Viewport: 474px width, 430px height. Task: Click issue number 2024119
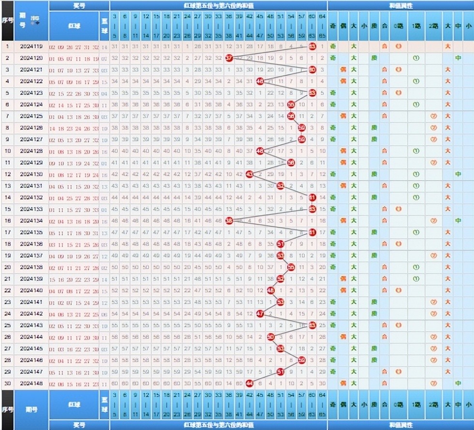point(32,47)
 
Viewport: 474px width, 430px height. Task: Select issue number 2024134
point(32,221)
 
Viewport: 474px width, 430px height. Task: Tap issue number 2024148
point(32,383)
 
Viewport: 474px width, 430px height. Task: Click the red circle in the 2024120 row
point(229,58)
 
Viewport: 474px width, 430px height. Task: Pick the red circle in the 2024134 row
point(229,221)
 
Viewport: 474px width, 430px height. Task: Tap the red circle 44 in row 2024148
point(250,383)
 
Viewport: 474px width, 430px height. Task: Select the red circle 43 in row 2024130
point(250,174)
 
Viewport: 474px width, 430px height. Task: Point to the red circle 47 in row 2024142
point(260,313)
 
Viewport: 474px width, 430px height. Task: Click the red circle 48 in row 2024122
point(260,81)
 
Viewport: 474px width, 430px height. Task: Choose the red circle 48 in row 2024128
point(260,151)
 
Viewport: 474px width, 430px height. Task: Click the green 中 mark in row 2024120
point(458,58)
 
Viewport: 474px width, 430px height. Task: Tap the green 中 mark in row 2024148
point(458,383)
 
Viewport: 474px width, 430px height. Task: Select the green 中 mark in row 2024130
point(458,174)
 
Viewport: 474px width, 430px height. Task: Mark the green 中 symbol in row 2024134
point(458,221)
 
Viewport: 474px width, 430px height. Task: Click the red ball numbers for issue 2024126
point(74,128)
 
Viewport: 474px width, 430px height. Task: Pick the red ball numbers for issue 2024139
point(74,278)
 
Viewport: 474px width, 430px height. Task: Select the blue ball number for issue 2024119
point(105,47)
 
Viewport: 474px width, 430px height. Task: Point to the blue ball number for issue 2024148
point(105,383)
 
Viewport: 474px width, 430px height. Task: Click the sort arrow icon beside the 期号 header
point(35,20)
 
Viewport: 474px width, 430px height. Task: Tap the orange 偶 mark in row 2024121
point(343,70)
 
